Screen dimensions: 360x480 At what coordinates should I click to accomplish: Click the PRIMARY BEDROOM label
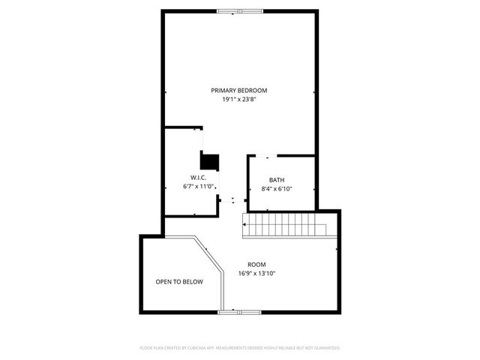[x=238, y=90]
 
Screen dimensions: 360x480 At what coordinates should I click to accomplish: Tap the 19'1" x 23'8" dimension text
[x=238, y=99]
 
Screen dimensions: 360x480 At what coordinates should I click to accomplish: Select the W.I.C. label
[x=188, y=177]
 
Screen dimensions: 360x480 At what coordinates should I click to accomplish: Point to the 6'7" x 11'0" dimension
[x=199, y=186]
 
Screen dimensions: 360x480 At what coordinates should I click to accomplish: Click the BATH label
[x=277, y=180]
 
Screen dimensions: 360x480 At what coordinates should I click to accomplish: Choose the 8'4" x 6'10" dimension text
[x=277, y=189]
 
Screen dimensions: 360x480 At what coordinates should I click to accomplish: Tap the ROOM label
[x=257, y=265]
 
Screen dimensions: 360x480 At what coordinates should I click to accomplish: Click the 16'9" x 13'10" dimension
[x=257, y=274]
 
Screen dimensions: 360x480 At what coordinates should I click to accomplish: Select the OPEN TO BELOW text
[x=179, y=282]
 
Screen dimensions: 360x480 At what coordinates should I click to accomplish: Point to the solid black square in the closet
[x=209, y=160]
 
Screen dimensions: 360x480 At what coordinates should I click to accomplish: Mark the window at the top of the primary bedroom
[x=240, y=10]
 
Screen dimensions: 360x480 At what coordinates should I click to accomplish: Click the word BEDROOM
[x=253, y=90]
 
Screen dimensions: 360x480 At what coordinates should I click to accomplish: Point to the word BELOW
[x=192, y=282]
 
